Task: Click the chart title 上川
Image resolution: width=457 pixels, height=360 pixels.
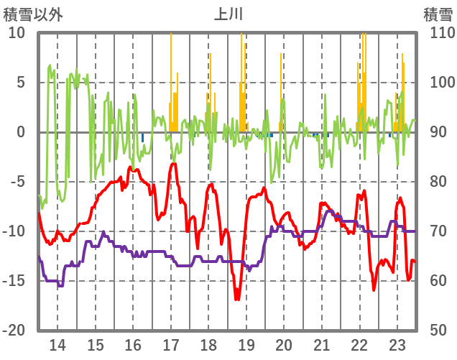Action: point(228,14)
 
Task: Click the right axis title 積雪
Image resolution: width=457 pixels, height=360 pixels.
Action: point(438,14)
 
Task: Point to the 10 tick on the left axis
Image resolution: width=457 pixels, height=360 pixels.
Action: point(17,33)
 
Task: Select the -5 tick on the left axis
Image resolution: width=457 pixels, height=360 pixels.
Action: point(18,182)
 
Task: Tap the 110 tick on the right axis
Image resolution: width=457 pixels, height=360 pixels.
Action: point(438,33)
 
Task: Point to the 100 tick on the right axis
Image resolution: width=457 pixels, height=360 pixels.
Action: point(438,83)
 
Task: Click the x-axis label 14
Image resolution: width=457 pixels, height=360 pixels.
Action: point(57,344)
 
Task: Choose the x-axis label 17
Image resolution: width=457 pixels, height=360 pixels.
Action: point(171,344)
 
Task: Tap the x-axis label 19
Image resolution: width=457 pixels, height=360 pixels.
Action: point(246,344)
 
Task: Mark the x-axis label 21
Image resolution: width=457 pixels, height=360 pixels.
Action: point(322,344)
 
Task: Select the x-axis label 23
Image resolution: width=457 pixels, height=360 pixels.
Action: point(397,344)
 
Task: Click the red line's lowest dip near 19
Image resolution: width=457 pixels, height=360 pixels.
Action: point(236,299)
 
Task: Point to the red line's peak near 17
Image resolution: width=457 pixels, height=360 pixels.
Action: point(172,164)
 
